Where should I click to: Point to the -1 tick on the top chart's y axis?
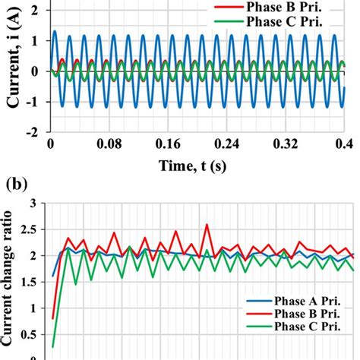[35, 102]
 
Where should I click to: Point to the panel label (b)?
[15, 185]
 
